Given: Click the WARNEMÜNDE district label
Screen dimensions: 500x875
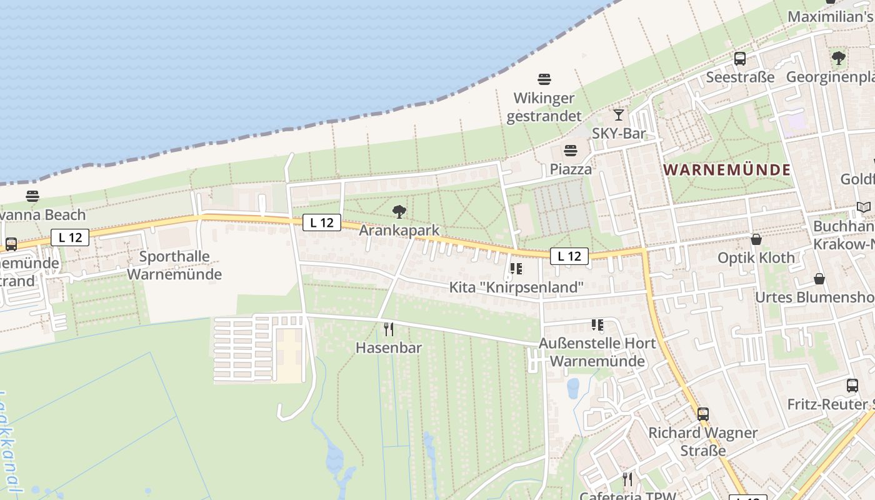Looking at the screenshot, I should click(x=727, y=169).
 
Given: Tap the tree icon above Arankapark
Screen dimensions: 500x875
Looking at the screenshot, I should click(x=399, y=212).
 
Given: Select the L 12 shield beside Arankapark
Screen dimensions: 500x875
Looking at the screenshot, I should click(x=322, y=222).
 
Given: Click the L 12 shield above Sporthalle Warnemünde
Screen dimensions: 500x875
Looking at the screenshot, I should click(x=70, y=237).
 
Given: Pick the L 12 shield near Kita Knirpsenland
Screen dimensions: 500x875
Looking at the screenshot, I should click(x=569, y=256).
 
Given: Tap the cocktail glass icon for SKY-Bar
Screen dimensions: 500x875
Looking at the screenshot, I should click(x=618, y=115).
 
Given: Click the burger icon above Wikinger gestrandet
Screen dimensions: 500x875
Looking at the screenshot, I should click(x=544, y=79).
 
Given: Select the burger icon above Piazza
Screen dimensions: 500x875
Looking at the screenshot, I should click(x=570, y=151).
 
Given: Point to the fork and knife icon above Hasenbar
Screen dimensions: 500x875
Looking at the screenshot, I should click(x=389, y=329).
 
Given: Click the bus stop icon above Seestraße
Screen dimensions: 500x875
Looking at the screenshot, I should click(x=740, y=59).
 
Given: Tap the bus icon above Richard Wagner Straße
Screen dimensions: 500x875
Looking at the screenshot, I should click(x=703, y=414).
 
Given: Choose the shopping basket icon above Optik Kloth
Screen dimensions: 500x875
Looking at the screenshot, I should click(x=756, y=239).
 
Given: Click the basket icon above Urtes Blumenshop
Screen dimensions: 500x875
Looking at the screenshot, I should click(x=819, y=279).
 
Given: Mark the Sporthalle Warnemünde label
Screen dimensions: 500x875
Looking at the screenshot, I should click(x=174, y=265).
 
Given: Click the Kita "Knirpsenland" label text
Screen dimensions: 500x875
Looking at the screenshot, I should click(x=516, y=287).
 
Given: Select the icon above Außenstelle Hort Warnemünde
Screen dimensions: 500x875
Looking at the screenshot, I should click(x=597, y=325).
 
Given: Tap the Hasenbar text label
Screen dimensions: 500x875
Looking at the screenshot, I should click(x=389, y=347).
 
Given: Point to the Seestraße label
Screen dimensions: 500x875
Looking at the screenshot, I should click(x=740, y=77).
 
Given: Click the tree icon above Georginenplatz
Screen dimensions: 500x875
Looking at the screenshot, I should click(x=838, y=58).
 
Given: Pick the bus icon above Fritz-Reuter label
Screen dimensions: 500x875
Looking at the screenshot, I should click(x=852, y=386).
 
